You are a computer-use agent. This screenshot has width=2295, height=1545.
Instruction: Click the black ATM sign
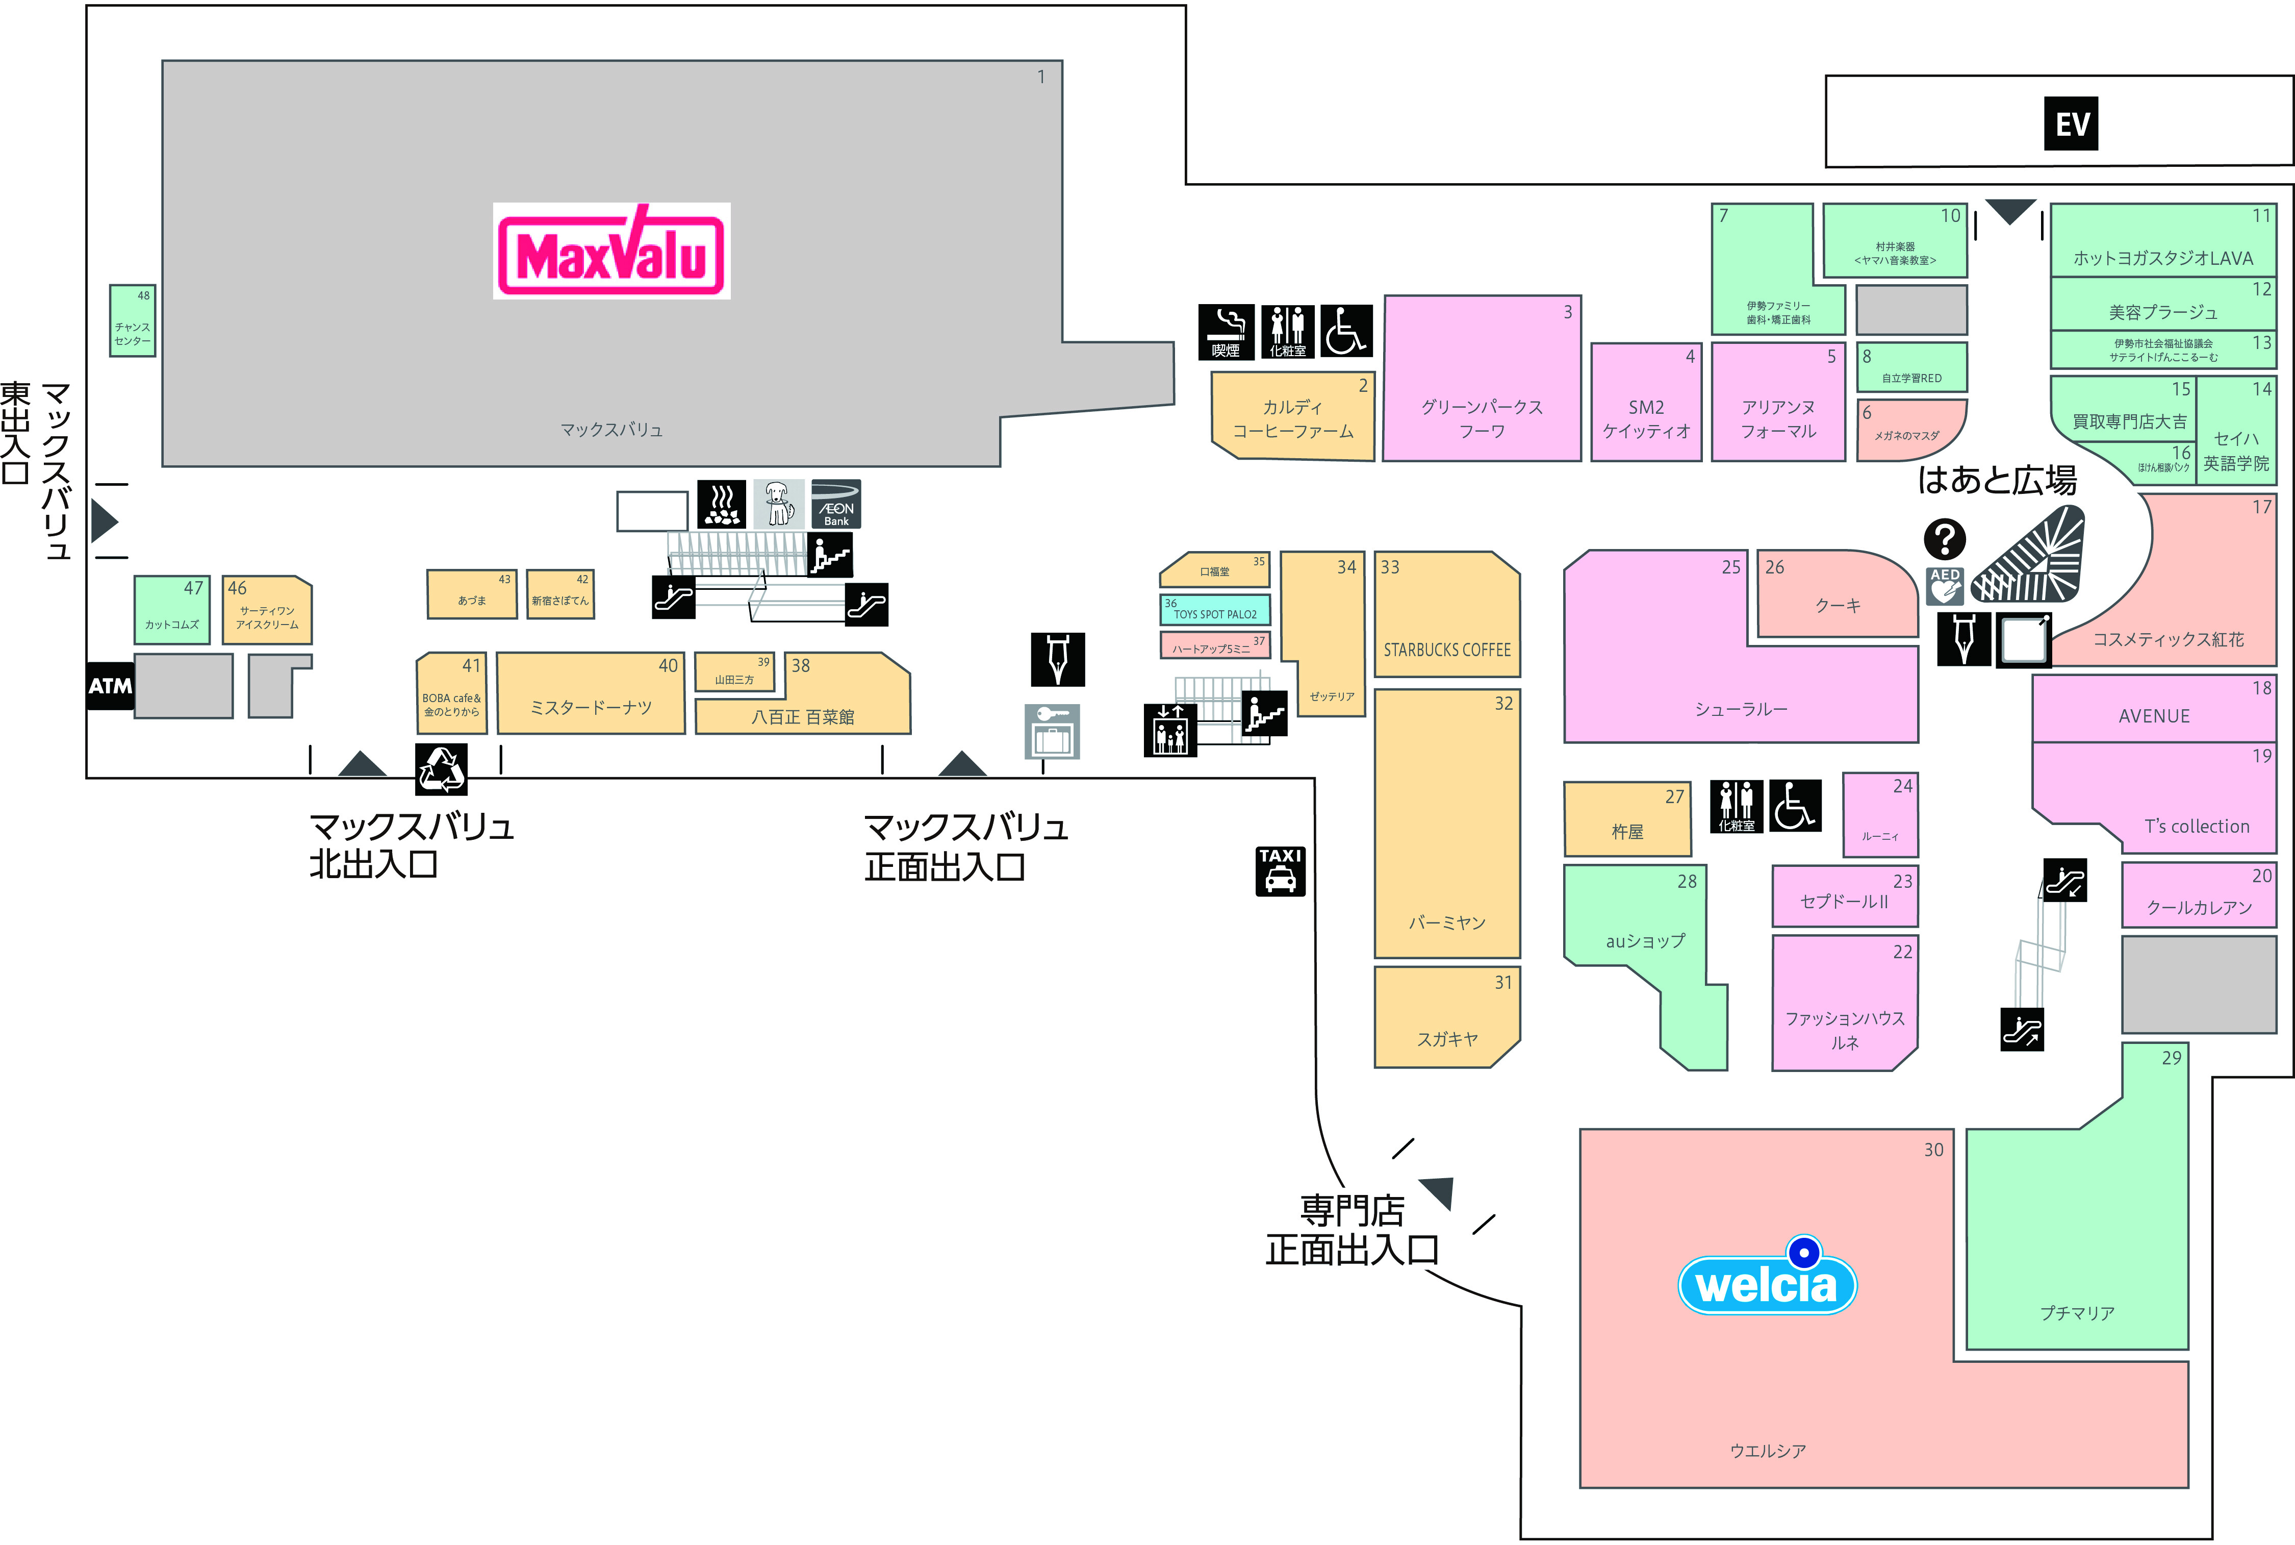pyautogui.click(x=110, y=686)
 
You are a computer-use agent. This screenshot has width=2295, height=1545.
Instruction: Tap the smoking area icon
pyautogui.click(x=1226, y=331)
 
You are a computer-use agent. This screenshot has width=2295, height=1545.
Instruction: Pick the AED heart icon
pyautogui.click(x=1944, y=585)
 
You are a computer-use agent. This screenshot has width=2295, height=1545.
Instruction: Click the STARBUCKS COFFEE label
pyautogui.click(x=1446, y=651)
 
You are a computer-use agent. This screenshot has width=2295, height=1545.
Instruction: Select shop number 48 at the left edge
pyautogui.click(x=132, y=320)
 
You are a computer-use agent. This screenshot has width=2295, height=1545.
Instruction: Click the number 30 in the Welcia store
pyautogui.click(x=1933, y=1150)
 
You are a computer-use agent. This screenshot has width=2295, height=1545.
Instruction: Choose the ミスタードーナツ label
pyautogui.click(x=591, y=708)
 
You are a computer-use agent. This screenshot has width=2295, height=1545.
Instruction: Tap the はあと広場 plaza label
pyautogui.click(x=1997, y=481)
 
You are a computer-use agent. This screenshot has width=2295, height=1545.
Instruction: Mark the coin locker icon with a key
pyautogui.click(x=1052, y=731)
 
